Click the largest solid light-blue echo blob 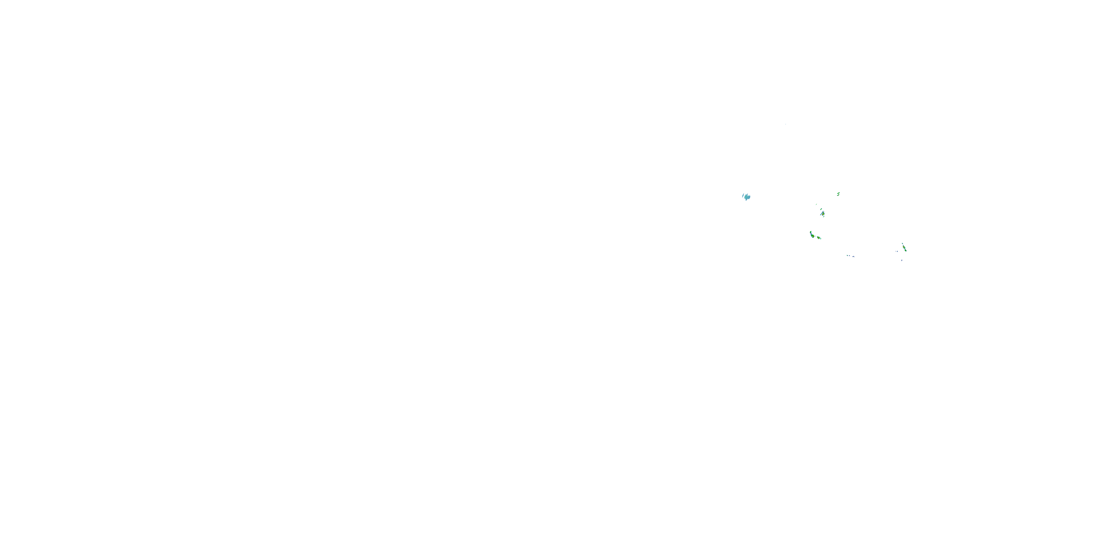748,197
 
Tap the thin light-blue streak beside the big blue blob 743,195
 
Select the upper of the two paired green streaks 839,193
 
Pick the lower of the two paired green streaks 838,195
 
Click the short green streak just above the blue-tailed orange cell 821,209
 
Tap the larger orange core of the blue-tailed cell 823,214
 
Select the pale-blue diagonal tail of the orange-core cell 821,214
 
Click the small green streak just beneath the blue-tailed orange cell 824,217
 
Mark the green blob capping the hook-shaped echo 811,232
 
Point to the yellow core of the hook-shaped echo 813,236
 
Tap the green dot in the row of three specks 847,255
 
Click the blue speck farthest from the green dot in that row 854,256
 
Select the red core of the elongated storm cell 904,247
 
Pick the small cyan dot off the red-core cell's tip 903,243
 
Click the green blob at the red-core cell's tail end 906,251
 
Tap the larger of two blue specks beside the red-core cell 897,251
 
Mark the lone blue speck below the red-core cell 902,260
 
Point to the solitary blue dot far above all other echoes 786,124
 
